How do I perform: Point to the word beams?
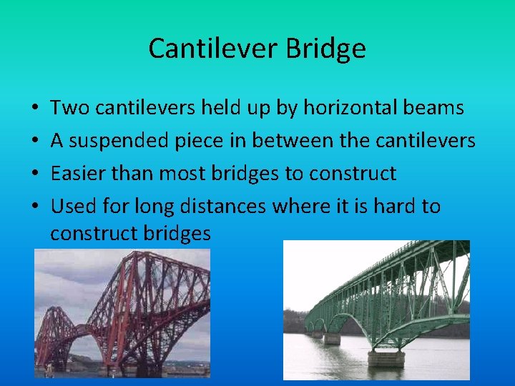tap(438, 109)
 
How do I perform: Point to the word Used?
tap(69, 207)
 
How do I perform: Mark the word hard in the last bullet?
tap(395, 207)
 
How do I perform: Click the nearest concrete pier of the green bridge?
tap(387, 355)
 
